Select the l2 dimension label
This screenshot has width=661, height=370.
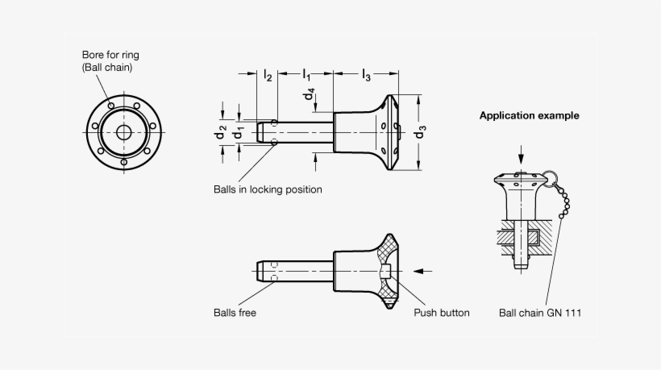267,75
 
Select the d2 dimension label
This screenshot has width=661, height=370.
221,131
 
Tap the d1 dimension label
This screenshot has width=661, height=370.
239,131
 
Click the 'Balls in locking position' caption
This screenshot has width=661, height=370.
267,189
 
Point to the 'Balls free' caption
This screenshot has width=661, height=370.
235,313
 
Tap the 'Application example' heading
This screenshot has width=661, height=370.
529,115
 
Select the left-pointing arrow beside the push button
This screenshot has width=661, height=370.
426,271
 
